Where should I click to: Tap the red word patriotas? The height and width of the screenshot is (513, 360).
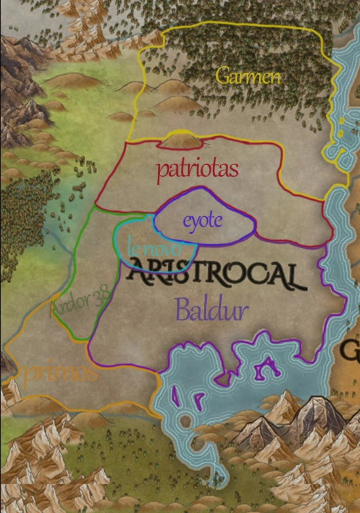197,169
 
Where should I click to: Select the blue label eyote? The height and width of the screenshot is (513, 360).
203,221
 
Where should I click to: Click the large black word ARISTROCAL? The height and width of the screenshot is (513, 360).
216,275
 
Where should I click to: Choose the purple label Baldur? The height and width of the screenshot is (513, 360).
211,309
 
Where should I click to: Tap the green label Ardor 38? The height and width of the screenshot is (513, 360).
80,304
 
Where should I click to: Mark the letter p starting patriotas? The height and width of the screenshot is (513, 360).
161,172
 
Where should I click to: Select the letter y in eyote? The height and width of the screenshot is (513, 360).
195,223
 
